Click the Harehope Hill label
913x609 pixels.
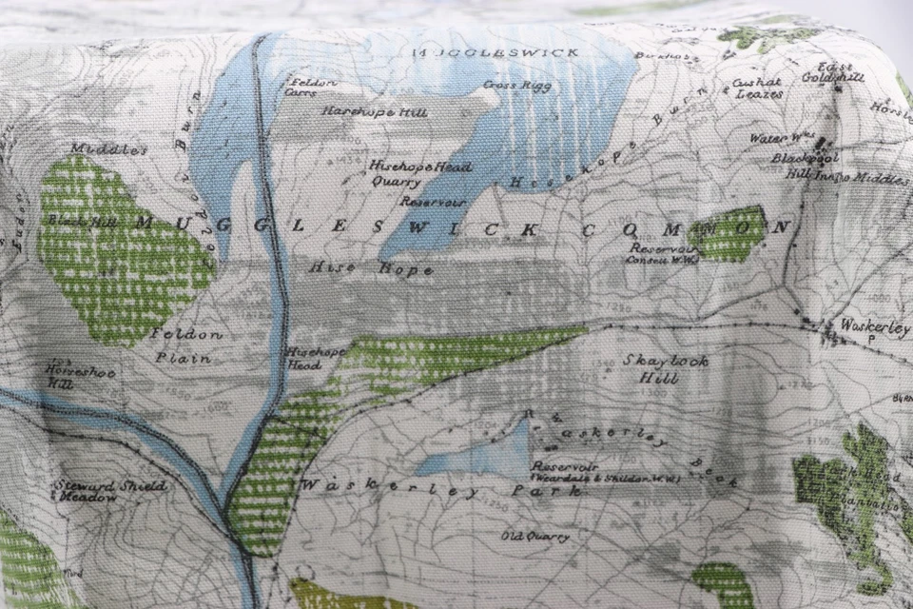tap(374, 111)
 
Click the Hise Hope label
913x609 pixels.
tap(370, 269)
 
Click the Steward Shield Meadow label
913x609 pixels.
tap(109, 490)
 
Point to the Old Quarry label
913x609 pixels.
tap(535, 537)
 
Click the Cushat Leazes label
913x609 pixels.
tap(758, 88)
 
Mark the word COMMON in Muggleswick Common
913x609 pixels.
tap(685, 228)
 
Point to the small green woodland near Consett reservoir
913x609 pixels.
tap(728, 234)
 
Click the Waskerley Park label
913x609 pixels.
tap(438, 487)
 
